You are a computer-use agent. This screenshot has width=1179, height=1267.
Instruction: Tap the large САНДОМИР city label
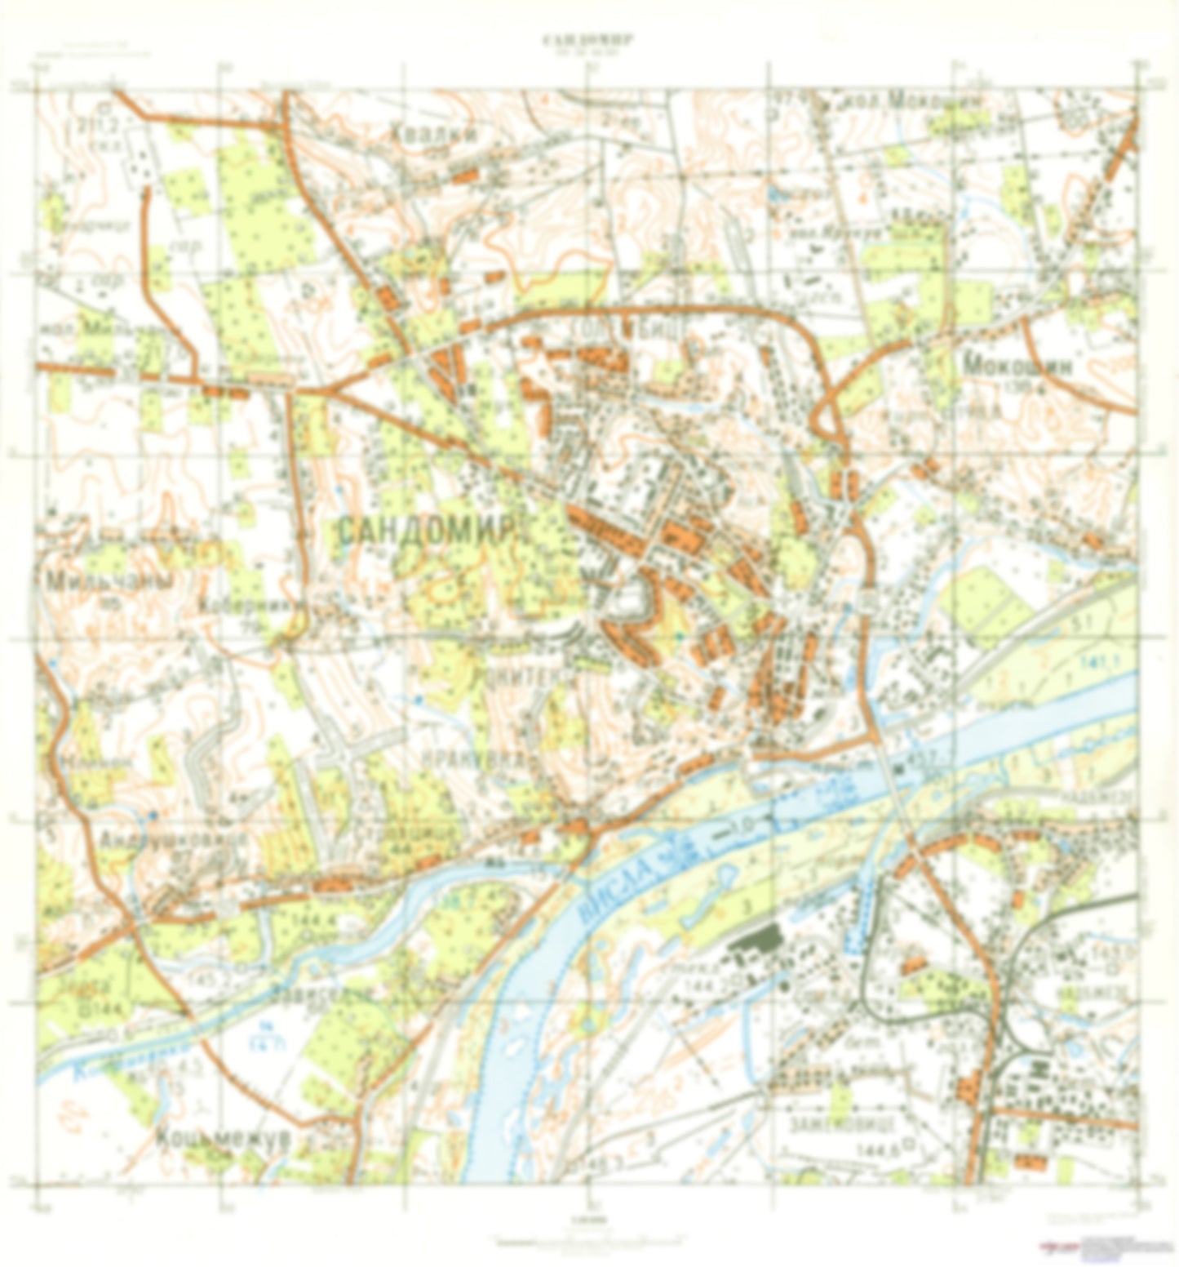tap(427, 531)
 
